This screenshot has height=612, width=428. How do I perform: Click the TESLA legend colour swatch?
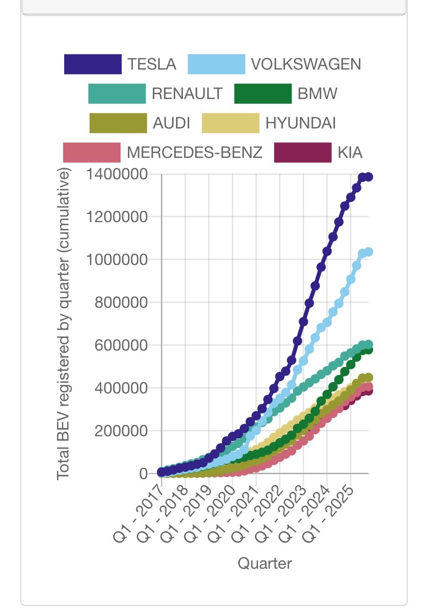coord(93,64)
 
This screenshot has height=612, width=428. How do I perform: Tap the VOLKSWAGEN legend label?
coord(306,64)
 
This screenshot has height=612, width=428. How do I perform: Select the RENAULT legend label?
coord(187,94)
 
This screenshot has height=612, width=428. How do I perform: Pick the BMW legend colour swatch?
coord(263,94)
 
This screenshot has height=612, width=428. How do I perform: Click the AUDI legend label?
coord(172,123)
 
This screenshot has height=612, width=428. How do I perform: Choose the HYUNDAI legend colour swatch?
coord(230,123)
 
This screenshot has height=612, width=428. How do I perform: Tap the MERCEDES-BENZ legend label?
coord(195,153)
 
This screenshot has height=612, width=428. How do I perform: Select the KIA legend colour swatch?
coord(303,153)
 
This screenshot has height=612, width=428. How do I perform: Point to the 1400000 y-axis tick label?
coord(117,174)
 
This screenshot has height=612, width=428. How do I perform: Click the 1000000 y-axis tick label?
coord(117,260)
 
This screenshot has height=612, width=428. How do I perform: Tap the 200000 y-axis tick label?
coord(121,431)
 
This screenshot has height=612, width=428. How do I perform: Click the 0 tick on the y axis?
coord(143,474)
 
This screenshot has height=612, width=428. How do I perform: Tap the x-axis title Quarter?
coord(265,563)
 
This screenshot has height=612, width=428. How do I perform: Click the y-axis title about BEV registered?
coord(64,324)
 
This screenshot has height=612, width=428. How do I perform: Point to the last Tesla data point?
coord(369,177)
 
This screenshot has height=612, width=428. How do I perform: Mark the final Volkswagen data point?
coord(369,252)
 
